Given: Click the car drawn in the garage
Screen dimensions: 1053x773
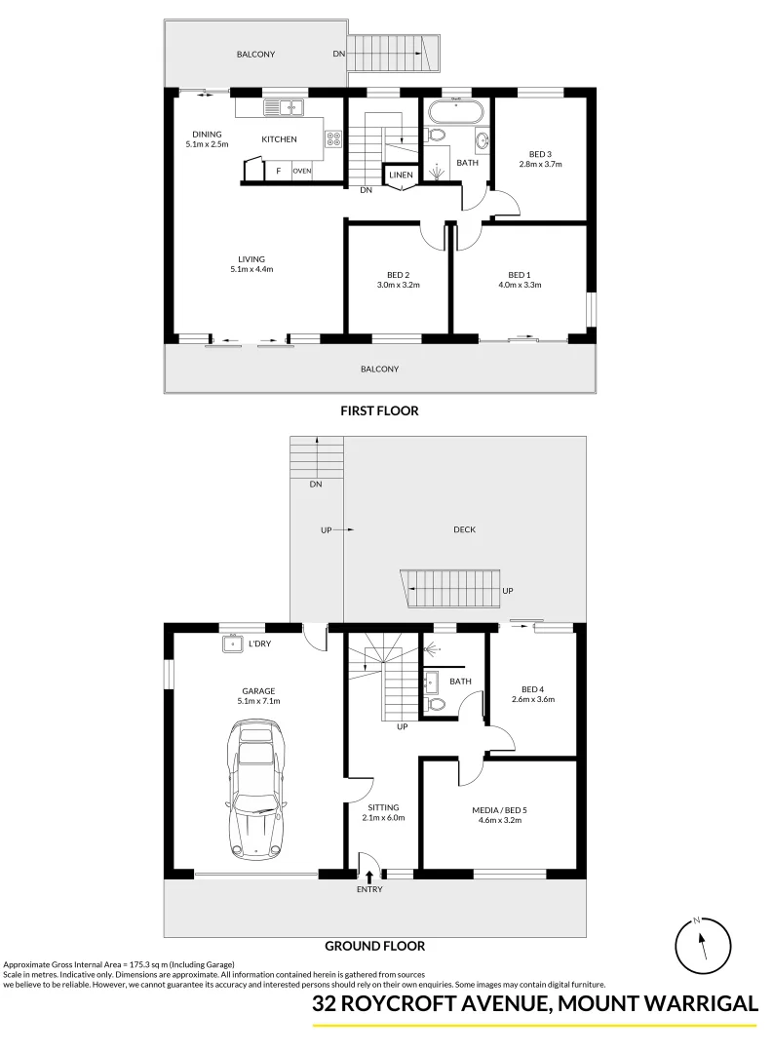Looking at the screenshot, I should coord(257,791).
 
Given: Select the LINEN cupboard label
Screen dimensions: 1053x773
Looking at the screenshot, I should coord(401,175).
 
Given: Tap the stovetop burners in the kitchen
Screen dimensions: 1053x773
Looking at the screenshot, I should coord(332,139).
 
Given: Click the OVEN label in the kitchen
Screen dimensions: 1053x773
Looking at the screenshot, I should coord(302,171).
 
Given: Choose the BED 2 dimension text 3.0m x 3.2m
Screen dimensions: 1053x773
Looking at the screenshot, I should coord(397,286).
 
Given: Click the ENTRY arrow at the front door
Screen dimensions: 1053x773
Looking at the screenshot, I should coord(369,877).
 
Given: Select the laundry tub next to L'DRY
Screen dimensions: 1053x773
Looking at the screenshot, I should coord(232,643).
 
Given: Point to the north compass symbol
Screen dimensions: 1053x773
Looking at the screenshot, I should coord(703,944).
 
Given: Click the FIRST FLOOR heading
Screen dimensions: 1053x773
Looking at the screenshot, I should coord(379,411).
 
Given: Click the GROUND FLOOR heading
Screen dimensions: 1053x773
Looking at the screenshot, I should coord(374,946).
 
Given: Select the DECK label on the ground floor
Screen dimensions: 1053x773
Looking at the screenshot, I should coord(464,530).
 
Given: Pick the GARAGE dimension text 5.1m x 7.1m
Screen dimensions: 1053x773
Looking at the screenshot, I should coord(259,701).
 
